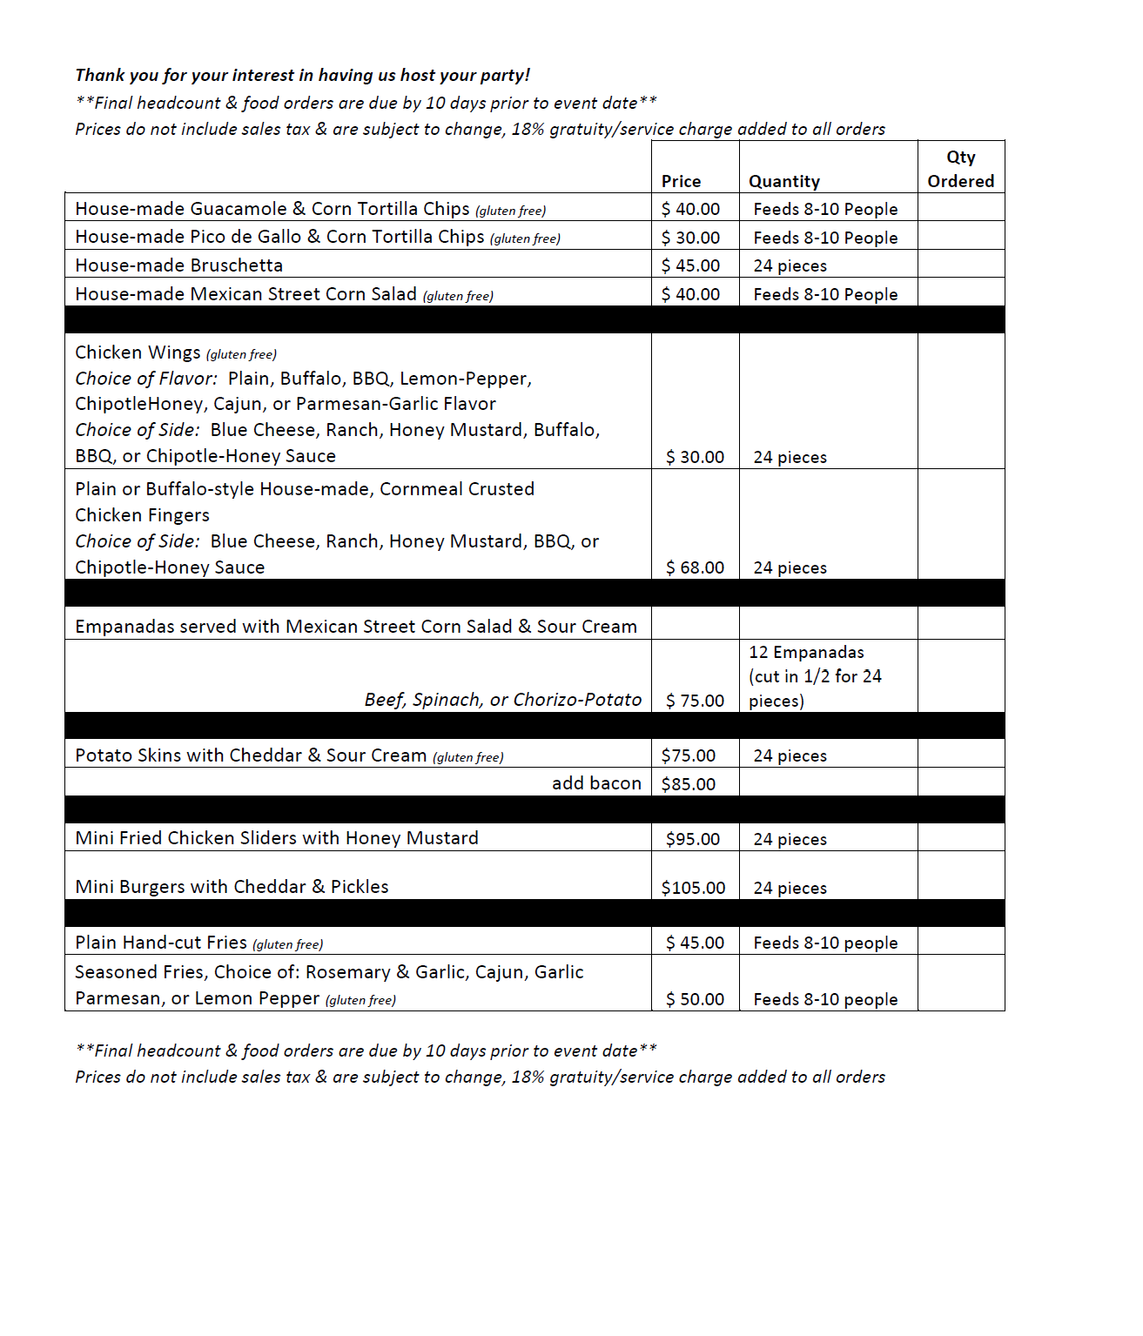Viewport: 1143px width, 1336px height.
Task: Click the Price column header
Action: tap(681, 181)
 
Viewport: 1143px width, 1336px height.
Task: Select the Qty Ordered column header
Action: tap(960, 169)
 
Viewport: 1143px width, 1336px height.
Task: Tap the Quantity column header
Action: tap(783, 181)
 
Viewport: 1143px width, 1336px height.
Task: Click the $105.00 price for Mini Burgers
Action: tap(693, 888)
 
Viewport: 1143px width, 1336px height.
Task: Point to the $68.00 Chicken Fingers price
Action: tap(695, 567)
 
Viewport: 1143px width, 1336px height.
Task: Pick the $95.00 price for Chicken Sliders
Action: tap(693, 839)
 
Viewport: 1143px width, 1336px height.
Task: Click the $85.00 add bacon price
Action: tap(688, 783)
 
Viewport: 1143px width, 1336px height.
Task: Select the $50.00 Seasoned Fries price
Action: tap(695, 999)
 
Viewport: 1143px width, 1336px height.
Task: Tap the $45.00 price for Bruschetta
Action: tap(690, 265)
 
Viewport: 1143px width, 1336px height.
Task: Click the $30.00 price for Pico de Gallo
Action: tap(690, 238)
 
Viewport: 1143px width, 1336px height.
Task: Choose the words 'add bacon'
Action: tap(596, 783)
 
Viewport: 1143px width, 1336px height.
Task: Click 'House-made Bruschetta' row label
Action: tap(178, 265)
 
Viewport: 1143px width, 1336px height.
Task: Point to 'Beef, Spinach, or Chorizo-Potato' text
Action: tap(502, 700)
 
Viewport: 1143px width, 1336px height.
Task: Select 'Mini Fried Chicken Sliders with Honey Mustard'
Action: tap(277, 838)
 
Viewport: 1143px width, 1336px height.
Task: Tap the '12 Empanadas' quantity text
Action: tap(806, 652)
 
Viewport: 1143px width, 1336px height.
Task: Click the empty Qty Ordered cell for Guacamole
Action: tap(960, 208)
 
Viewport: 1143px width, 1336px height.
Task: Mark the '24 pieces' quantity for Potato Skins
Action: tap(790, 755)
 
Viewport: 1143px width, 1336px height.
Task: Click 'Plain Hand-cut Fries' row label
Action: tap(161, 943)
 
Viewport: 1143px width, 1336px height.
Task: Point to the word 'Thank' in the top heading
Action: tap(99, 75)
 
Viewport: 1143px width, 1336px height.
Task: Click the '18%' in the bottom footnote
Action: tap(528, 1077)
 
